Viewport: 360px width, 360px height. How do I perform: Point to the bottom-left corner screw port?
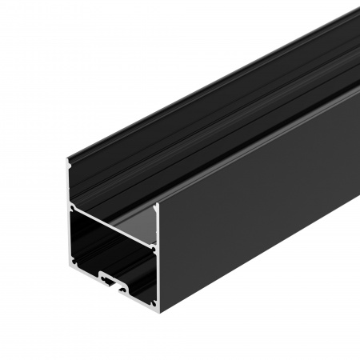click(74, 262)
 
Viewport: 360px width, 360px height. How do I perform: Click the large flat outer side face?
click(256, 200)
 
